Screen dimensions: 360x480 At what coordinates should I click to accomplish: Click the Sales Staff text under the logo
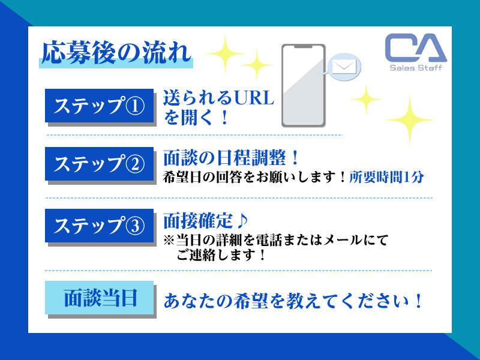[415, 68]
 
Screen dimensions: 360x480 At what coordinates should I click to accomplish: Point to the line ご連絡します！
[221, 255]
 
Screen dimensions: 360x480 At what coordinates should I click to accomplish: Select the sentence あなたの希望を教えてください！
[293, 299]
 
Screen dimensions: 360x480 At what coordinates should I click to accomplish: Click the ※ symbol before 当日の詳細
[168, 241]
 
